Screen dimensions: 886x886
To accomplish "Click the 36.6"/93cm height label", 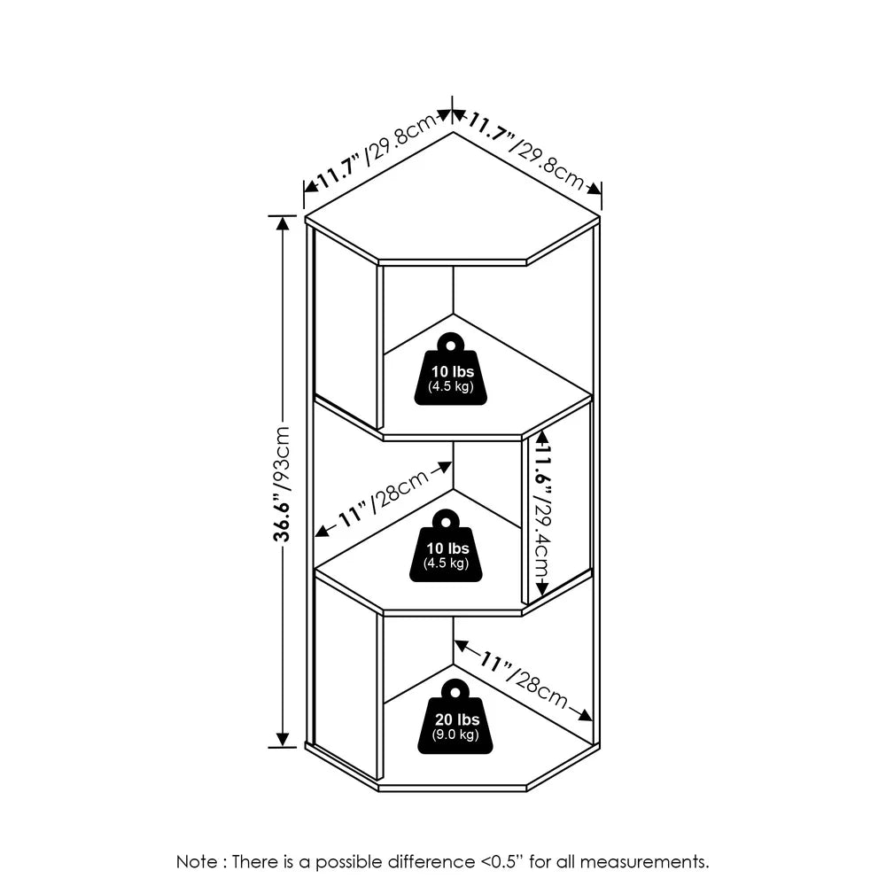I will coord(282,484).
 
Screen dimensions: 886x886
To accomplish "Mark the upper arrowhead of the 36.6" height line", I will coord(283,223).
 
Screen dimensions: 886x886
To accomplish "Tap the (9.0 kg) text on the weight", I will coord(455,734).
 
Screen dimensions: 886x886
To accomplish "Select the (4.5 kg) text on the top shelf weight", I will coord(452,387).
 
